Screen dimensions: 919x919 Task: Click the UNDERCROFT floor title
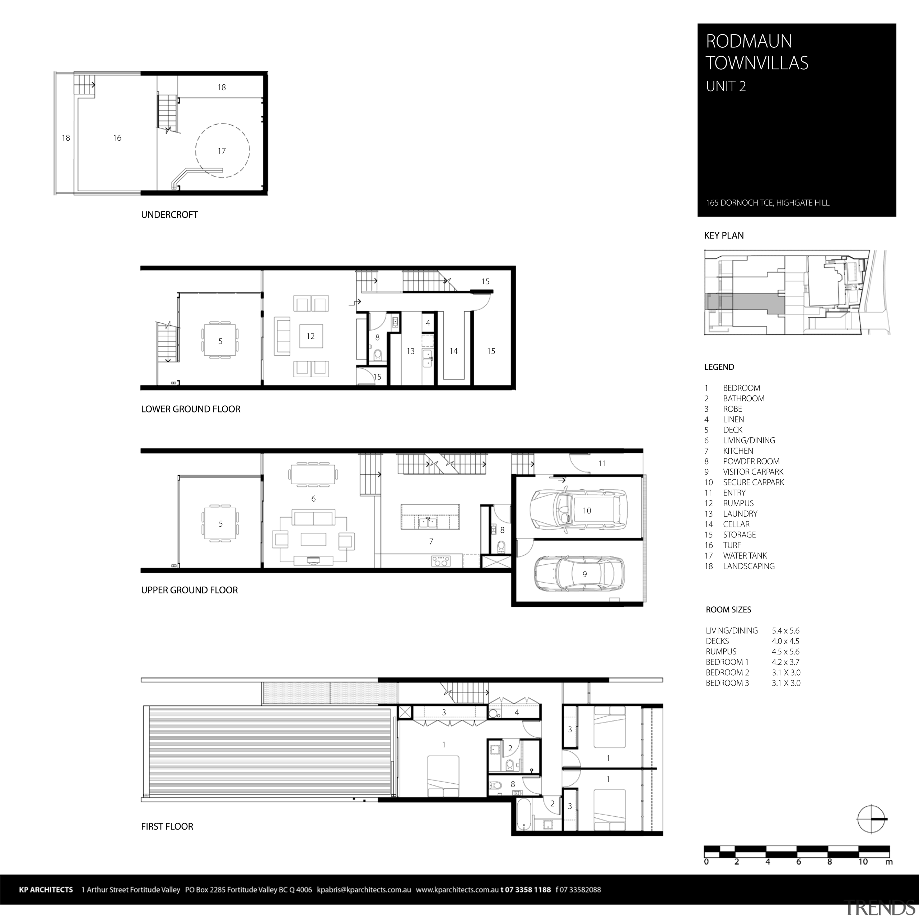(x=169, y=215)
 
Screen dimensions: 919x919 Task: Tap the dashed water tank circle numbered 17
(x=222, y=151)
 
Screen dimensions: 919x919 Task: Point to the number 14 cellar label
(x=453, y=351)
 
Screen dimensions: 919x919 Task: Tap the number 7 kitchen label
(x=431, y=541)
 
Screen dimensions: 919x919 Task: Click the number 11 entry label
(x=602, y=463)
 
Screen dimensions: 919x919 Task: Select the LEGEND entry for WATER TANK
(x=745, y=556)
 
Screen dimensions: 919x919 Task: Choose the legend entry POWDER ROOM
(x=751, y=461)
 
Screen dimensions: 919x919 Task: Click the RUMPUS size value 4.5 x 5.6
(x=785, y=652)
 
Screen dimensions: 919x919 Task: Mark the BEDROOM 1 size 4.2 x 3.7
(x=785, y=662)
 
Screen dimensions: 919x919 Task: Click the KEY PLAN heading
(x=723, y=235)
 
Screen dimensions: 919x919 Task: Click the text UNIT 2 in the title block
(x=726, y=87)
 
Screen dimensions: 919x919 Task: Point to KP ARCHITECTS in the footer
(x=46, y=890)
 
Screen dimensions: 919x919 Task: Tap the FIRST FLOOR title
(x=167, y=826)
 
